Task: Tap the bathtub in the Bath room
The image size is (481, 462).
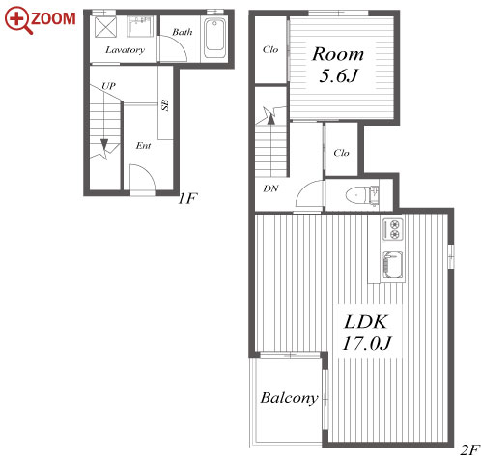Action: [214, 39]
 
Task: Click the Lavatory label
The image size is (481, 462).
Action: [125, 50]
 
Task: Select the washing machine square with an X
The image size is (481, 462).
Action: [105, 27]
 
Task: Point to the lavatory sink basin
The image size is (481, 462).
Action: [140, 26]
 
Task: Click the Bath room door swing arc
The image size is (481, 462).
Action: [177, 45]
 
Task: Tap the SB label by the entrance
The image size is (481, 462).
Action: [165, 105]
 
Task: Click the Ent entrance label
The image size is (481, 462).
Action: [143, 146]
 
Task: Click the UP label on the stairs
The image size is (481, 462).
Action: [108, 86]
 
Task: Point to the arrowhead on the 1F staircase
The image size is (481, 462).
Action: [104, 144]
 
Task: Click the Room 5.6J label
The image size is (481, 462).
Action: [338, 65]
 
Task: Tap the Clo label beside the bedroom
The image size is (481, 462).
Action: [270, 49]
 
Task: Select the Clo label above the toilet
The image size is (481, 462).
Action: [341, 153]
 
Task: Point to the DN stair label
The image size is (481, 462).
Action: [270, 188]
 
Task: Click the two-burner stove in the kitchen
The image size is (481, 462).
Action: [393, 229]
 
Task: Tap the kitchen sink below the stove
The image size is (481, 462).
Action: [393, 265]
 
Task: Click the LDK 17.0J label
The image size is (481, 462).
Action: [366, 332]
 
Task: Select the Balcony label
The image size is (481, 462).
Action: [289, 398]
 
